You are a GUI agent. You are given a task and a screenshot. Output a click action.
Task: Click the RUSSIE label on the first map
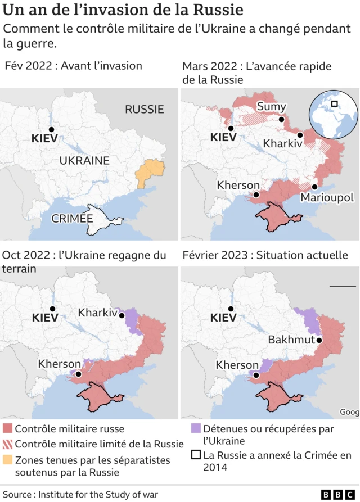tap(144, 109)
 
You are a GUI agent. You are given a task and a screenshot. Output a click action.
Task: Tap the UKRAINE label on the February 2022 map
tap(84, 160)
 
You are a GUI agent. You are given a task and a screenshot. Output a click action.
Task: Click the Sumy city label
tap(271, 107)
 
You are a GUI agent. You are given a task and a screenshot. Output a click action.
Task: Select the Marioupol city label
tap(327, 198)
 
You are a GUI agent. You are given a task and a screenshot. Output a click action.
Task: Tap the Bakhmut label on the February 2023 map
tap(291, 340)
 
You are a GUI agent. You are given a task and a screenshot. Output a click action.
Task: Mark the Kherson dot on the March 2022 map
tap(256, 195)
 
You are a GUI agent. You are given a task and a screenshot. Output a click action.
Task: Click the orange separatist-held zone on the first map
tap(149, 173)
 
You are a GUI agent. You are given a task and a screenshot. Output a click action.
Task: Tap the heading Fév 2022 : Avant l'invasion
tap(73, 66)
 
